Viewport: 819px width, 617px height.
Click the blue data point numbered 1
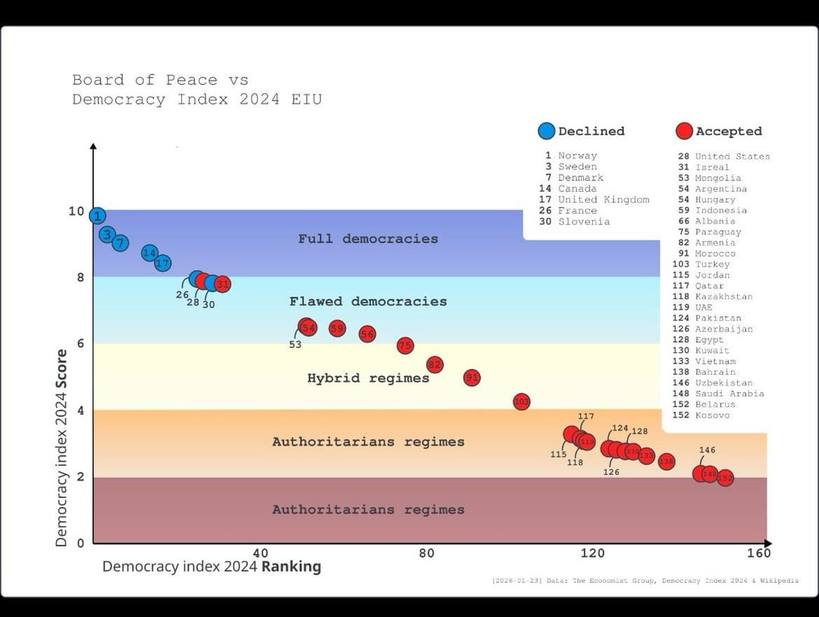[x=97, y=216]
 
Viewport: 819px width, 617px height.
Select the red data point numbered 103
[x=521, y=401]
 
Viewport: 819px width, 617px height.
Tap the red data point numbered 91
[x=472, y=377]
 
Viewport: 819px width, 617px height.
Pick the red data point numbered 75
[x=405, y=345]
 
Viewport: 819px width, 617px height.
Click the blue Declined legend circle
[x=546, y=131]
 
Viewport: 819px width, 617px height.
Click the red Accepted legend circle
[x=684, y=131]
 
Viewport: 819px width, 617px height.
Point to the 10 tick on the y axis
[x=77, y=211]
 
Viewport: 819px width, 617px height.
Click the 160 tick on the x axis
[x=758, y=553]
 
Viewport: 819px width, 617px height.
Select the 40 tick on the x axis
[x=260, y=553]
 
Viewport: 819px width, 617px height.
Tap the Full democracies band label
[x=368, y=238]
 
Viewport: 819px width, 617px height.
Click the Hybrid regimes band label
[x=368, y=378]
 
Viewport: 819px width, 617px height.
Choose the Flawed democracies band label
[x=368, y=301]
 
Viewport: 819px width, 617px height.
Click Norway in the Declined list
[x=577, y=156]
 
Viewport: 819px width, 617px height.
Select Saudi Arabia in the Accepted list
[x=729, y=393]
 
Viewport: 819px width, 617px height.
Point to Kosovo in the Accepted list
[x=712, y=415]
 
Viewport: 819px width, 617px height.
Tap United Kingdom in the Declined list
[x=604, y=200]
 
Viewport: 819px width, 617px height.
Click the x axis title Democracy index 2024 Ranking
[x=212, y=566]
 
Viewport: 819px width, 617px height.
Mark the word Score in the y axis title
[x=61, y=369]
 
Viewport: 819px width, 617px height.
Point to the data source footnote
[x=645, y=581]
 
